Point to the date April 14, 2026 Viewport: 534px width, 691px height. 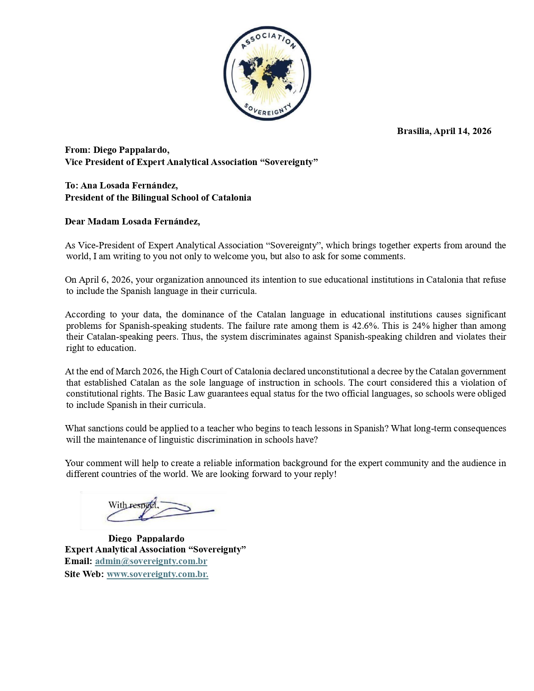462,131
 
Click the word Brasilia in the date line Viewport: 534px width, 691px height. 413,131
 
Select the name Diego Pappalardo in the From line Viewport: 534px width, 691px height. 131,150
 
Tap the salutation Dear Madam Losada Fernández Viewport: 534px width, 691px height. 132,222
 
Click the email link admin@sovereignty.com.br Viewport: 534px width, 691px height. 151,561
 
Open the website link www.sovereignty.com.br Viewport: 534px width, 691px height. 157,574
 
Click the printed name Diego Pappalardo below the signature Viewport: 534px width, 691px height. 146,538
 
